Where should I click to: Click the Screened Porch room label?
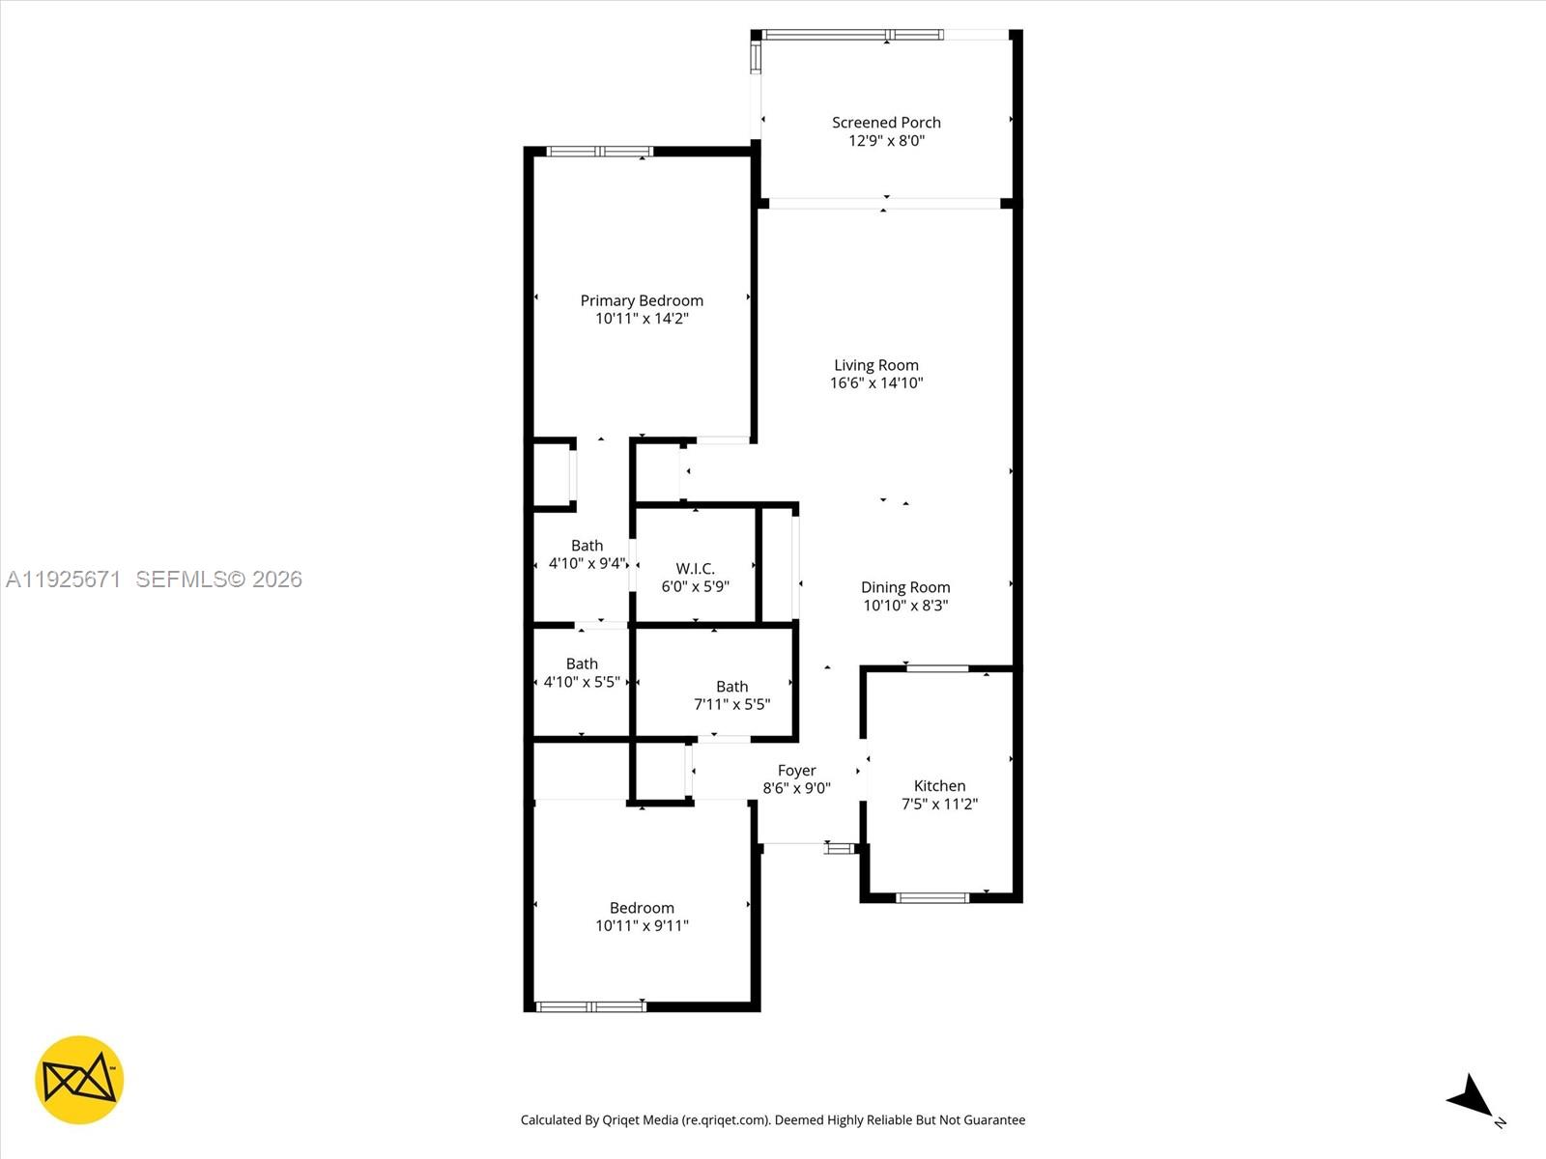pyautogui.click(x=886, y=123)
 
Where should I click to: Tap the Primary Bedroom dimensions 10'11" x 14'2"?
pyautogui.click(x=642, y=319)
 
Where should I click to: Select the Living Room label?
pyautogui.click(x=876, y=365)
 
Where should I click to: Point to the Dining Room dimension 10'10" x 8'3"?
pyautogui.click(x=905, y=606)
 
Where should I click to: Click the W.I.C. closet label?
pyautogui.click(x=695, y=569)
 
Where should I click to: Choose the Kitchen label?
pyautogui.click(x=939, y=786)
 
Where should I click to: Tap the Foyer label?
pyautogui.click(x=796, y=771)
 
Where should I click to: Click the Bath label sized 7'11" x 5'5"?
pyautogui.click(x=731, y=687)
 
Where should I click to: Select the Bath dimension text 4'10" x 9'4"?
pyautogui.click(x=587, y=563)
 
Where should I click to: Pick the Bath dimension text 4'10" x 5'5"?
pyautogui.click(x=582, y=682)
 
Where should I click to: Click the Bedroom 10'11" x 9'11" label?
pyautogui.click(x=642, y=908)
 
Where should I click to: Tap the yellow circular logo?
pyautogui.click(x=79, y=1080)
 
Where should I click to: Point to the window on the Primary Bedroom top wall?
pyautogui.click(x=600, y=152)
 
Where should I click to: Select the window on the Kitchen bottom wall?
pyautogui.click(x=932, y=898)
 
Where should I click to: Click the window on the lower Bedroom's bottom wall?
pyautogui.click(x=590, y=1007)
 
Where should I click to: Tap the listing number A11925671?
pyautogui.click(x=63, y=579)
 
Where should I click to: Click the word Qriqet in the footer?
pyautogui.click(x=622, y=1120)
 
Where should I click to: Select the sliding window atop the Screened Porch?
pyautogui.click(x=852, y=35)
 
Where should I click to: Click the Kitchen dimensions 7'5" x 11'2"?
pyautogui.click(x=939, y=804)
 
